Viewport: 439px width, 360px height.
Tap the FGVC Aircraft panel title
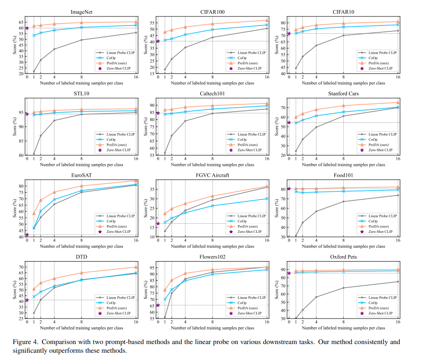[212, 175]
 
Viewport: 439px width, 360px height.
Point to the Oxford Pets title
[343, 257]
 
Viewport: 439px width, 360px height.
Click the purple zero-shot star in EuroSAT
[27, 235]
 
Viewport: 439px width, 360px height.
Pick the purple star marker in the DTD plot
[27, 300]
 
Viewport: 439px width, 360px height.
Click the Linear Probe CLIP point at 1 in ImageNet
[34, 72]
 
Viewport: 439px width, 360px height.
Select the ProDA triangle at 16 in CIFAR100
[267, 21]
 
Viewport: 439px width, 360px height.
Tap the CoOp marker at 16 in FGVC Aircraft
[267, 199]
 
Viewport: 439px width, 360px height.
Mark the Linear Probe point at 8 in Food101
[343, 201]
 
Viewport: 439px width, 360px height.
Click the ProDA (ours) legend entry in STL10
[116, 145]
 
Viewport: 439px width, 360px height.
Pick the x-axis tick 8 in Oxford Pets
[343, 322]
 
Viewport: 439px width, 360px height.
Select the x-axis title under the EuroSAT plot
[82, 247]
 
